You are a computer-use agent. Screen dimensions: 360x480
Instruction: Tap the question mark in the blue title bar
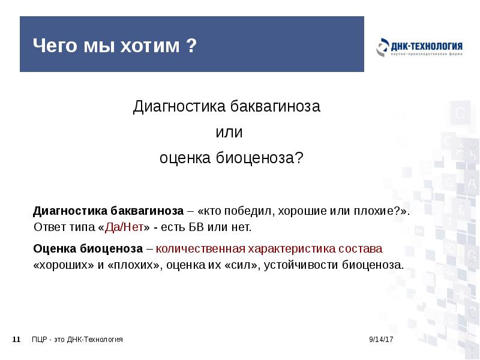pyautogui.click(x=191, y=46)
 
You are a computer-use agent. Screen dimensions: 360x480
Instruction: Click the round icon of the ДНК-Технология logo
pyautogui.click(x=382, y=48)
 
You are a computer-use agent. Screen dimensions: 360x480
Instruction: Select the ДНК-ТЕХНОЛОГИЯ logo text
pyautogui.click(x=427, y=46)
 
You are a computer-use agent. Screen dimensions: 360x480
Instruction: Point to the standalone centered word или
pyautogui.click(x=227, y=132)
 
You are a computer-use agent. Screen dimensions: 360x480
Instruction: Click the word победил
pyautogui.click(x=245, y=212)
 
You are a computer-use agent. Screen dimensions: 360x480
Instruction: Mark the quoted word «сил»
pyautogui.click(x=241, y=264)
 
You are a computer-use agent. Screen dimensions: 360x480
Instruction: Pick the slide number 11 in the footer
pyautogui.click(x=17, y=340)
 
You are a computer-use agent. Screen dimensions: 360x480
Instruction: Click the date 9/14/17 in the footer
pyautogui.click(x=380, y=340)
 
